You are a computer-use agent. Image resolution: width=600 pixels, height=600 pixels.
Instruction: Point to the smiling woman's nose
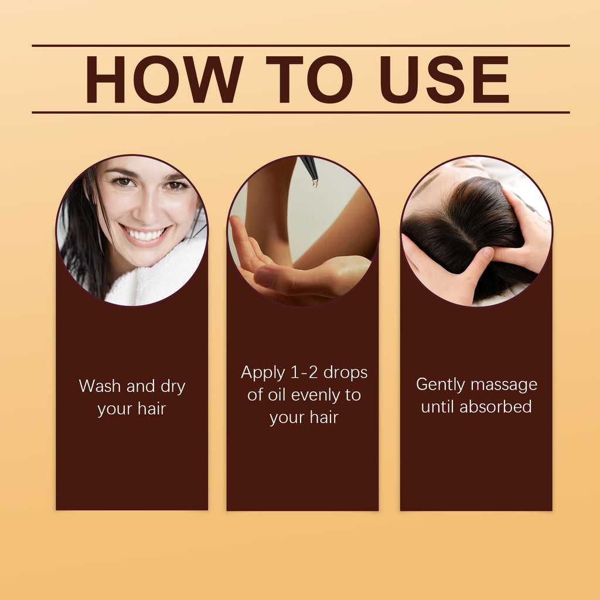click(x=148, y=205)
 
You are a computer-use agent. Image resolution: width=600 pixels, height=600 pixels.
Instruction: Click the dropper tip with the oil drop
click(x=315, y=182)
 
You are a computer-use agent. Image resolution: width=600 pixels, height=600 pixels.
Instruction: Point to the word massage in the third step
click(x=504, y=385)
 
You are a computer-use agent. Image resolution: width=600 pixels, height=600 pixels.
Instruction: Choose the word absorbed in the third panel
click(x=496, y=407)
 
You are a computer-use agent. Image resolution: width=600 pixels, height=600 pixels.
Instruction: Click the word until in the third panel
click(x=438, y=407)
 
